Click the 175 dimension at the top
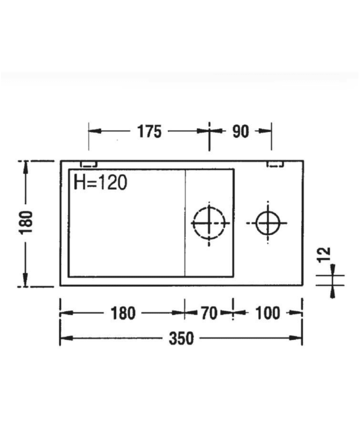point(149,132)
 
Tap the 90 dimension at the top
point(240,132)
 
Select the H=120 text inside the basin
point(100,182)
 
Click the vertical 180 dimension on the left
point(27,222)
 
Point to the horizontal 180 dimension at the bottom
point(123,313)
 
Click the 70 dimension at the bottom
point(209,313)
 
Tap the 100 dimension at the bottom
point(267,313)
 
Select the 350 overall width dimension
point(181,338)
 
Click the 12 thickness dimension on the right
point(325,254)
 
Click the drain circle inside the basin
point(209,223)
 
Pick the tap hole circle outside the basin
point(267,223)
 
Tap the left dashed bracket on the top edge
point(89,164)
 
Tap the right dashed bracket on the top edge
point(275,164)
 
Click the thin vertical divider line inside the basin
point(185,222)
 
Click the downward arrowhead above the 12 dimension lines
point(333,270)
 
